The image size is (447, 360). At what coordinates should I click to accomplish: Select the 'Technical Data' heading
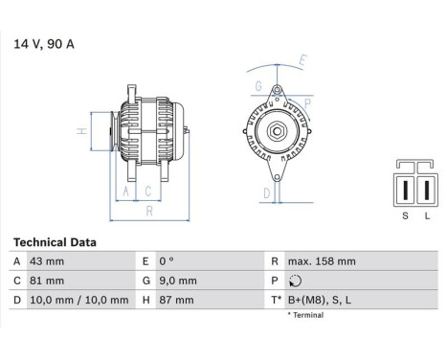point(55,242)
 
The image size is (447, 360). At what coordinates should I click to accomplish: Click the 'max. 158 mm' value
point(322,261)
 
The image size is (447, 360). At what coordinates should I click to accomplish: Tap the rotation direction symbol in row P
point(292,281)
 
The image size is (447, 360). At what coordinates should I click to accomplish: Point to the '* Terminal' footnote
point(309,314)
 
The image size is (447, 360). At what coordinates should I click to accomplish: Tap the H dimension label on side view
point(82,131)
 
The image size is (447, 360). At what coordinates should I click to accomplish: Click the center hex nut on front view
point(274,131)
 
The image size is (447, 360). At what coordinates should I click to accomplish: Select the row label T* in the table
point(277,300)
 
